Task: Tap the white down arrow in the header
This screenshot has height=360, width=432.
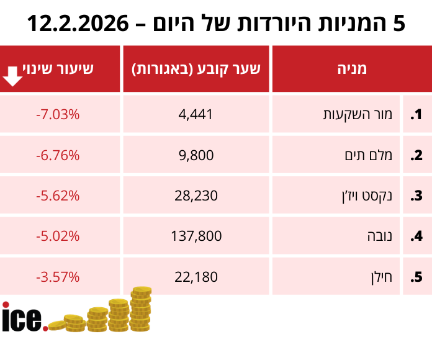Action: (13, 77)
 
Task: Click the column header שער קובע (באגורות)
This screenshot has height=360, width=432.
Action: (196, 68)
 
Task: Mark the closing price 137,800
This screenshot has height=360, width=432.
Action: (196, 236)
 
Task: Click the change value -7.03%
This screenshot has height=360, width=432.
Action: (58, 115)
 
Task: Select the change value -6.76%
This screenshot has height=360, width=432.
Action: (58, 155)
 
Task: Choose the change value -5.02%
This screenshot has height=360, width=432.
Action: (58, 236)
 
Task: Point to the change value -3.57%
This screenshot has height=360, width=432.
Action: (58, 277)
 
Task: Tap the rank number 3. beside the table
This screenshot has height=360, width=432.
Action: (416, 196)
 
